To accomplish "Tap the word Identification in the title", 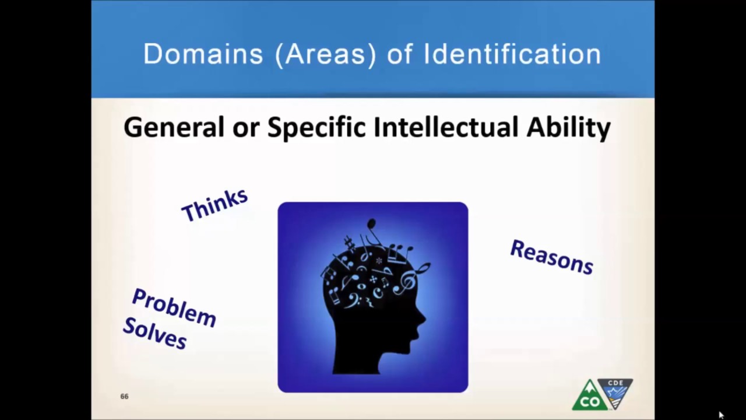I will coord(512,54).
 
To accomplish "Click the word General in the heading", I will coord(174,127).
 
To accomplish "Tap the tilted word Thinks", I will coord(214,204).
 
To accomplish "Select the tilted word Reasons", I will coord(551,257).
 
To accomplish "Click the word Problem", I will coord(174,307).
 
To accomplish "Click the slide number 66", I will coord(124,397).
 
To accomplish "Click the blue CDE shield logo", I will coord(615,391).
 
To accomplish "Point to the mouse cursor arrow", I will coord(721,415).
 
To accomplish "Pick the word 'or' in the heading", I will coord(245,127).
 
